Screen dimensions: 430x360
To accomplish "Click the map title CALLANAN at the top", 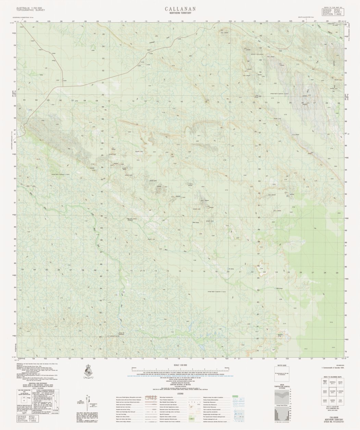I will pyautogui.click(x=180, y=9).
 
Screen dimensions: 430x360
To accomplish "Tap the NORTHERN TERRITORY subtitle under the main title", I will pyautogui.click(x=180, y=13).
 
